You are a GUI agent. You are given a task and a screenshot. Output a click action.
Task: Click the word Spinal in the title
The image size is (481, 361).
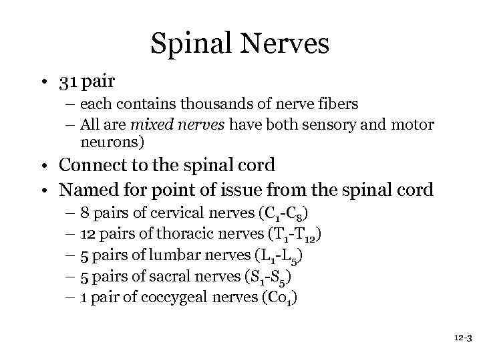[x=188, y=45]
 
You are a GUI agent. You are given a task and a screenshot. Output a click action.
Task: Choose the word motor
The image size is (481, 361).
[x=414, y=124]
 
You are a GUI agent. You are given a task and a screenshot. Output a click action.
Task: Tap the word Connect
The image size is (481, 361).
[x=92, y=164]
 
